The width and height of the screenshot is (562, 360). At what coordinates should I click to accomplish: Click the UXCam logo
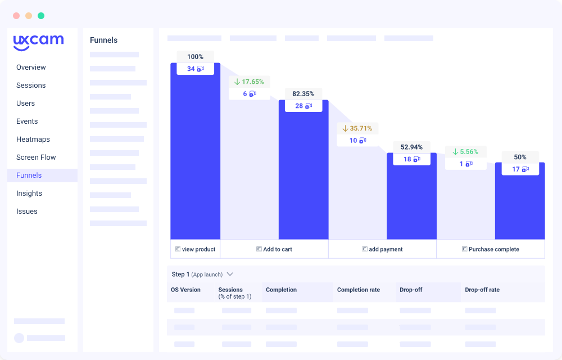click(38, 42)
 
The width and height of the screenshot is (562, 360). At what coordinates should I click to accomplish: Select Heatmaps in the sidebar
click(33, 139)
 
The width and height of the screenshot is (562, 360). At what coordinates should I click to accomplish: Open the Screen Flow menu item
click(36, 157)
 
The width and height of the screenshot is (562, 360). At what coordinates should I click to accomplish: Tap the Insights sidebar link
click(29, 193)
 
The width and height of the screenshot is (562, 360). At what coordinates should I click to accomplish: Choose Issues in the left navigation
click(27, 211)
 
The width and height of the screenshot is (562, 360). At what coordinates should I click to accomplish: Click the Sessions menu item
click(31, 85)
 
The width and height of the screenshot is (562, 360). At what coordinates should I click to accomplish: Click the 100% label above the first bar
click(195, 57)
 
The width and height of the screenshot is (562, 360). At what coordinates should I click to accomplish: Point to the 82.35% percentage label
click(303, 94)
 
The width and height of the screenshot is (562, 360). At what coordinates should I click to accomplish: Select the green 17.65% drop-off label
click(250, 82)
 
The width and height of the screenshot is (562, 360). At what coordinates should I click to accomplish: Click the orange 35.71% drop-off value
click(357, 128)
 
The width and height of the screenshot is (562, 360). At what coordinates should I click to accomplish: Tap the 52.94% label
click(411, 147)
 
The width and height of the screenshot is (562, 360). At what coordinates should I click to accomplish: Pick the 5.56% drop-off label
click(465, 152)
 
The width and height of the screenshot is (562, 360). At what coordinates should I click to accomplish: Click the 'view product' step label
click(195, 249)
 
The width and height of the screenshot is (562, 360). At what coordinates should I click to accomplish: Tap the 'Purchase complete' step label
click(490, 249)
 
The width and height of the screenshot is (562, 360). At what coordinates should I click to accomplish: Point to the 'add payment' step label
click(382, 249)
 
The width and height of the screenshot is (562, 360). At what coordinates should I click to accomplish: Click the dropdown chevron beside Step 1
click(230, 274)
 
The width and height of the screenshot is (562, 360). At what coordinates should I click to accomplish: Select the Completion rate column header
click(359, 290)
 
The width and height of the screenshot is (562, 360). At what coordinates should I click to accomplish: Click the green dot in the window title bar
click(41, 16)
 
